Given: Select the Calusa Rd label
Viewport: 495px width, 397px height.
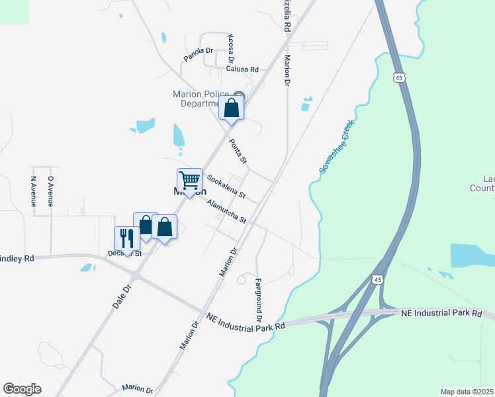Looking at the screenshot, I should tap(241, 69).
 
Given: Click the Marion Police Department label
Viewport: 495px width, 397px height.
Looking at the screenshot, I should tap(201, 99).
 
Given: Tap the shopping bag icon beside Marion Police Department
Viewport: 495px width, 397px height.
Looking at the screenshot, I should tap(232, 108).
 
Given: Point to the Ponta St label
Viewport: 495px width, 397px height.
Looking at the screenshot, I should tap(238, 152).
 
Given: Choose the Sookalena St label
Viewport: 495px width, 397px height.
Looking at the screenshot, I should tap(226, 187).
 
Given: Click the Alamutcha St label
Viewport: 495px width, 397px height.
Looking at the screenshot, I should tap(226, 212).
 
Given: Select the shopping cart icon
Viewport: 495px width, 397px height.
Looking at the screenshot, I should tap(189, 180).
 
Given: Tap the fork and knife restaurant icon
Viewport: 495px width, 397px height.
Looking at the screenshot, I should tap(127, 238).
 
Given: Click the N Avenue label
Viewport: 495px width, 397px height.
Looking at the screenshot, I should tap(33, 191).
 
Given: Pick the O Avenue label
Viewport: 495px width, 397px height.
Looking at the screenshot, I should tap(50, 191).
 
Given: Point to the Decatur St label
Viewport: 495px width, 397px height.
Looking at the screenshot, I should tap(124, 253).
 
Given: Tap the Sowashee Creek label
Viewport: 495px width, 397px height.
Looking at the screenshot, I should tap(337, 147).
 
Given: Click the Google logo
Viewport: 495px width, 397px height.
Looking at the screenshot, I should tap(22, 389).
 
